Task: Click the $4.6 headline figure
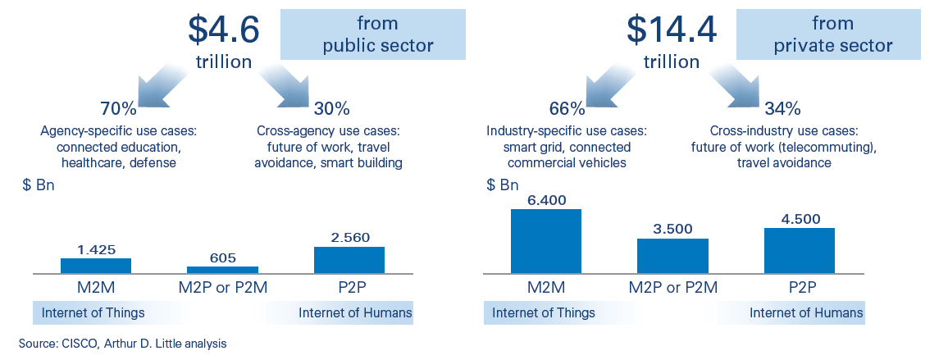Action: (223, 29)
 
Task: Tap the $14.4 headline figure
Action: (671, 29)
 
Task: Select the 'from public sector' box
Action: (373, 35)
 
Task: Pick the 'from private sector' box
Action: (828, 35)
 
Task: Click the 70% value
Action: (118, 109)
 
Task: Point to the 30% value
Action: (331, 109)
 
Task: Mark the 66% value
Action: (567, 109)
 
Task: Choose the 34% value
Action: (782, 109)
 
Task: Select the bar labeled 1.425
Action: (95, 266)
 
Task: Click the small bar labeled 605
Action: (222, 270)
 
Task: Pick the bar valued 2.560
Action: (349, 260)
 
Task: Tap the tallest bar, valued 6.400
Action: (546, 241)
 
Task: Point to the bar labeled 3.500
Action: (673, 256)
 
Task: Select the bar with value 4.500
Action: (800, 251)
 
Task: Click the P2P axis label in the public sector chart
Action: (349, 288)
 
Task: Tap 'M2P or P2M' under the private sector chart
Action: (673, 288)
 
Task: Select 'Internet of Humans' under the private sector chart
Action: (806, 312)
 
